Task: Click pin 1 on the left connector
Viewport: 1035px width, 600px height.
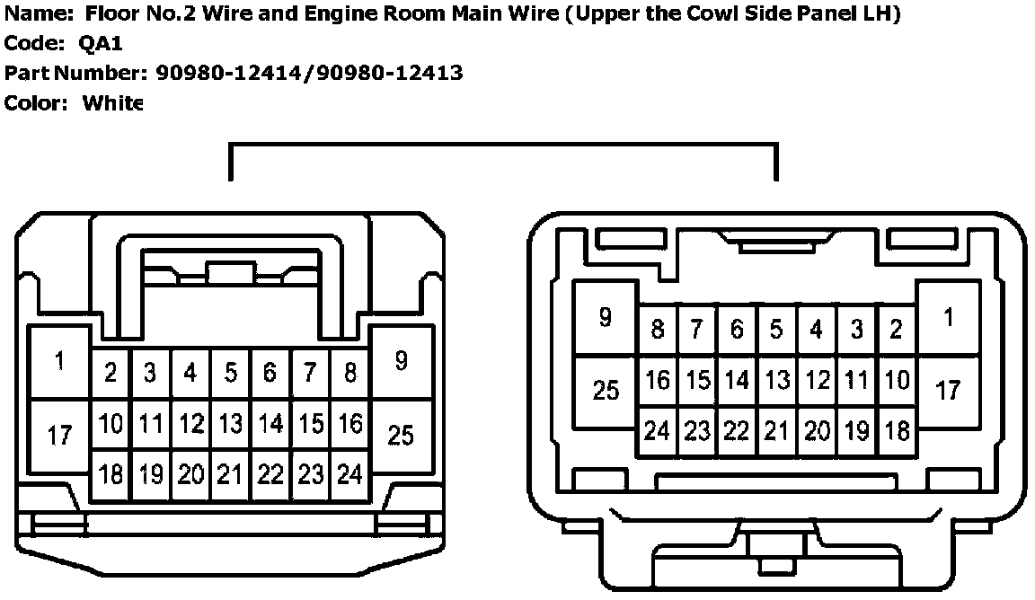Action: point(59,362)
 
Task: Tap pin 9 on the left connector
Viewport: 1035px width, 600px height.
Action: point(401,361)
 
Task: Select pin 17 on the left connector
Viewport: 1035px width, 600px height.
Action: point(59,437)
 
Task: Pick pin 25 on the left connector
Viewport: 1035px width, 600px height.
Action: point(401,436)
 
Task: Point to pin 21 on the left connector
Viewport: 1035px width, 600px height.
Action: point(231,474)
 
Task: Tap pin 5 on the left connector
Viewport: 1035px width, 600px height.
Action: point(231,372)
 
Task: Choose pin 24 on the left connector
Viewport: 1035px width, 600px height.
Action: point(349,474)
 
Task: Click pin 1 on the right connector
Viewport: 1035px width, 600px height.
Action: point(948,318)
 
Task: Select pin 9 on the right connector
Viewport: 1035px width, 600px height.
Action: point(605,317)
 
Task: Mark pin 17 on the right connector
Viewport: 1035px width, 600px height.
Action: point(948,391)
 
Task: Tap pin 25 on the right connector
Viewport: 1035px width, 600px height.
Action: point(606,391)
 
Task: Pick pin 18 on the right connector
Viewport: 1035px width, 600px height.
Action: point(896,431)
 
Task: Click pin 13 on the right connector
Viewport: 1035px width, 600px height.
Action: point(777,380)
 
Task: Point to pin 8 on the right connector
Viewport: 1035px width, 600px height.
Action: point(658,330)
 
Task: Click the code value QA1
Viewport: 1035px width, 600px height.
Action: point(101,45)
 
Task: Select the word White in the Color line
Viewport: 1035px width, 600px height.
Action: point(113,103)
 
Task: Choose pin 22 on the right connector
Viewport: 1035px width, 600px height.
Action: point(737,431)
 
